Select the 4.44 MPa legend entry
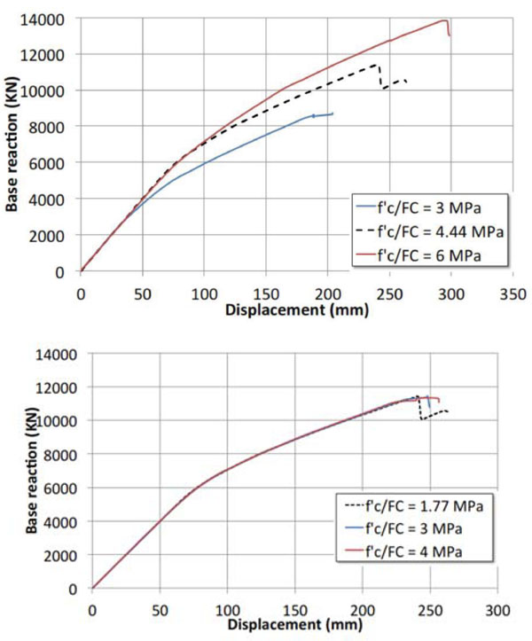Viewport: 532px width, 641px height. coord(430,231)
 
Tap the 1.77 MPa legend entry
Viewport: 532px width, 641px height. coord(414,506)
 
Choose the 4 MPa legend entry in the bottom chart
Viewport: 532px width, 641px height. coord(403,551)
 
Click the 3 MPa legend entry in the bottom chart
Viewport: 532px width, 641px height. coord(403,529)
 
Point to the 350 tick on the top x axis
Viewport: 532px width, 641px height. coord(512,294)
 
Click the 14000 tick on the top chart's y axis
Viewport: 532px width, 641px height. coord(43,20)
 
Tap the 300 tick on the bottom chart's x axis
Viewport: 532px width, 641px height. coord(497,610)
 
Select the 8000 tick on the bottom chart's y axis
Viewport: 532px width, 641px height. coord(60,455)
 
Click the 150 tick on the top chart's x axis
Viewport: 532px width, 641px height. coord(266,294)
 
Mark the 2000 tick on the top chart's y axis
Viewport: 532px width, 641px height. coord(47,236)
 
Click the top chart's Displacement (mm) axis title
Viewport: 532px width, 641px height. coord(297,310)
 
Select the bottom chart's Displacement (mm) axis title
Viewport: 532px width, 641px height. coord(295,625)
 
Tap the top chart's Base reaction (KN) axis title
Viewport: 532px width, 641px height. coord(12,144)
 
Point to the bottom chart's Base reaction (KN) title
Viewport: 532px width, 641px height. coord(32,470)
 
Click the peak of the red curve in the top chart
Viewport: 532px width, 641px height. coord(444,20)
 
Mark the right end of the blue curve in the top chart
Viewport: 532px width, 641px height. coord(332,113)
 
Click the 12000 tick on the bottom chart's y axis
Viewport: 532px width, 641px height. coord(56,387)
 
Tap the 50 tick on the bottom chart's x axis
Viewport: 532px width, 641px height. coord(160,610)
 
